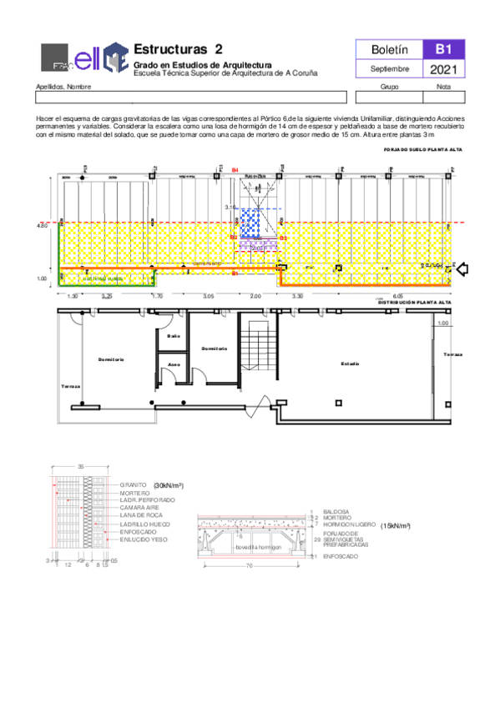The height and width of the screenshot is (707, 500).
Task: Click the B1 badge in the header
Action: (439, 50)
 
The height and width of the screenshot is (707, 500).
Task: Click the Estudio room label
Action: (349, 364)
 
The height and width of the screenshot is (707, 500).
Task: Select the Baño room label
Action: (174, 336)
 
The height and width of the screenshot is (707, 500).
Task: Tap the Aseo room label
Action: (174, 364)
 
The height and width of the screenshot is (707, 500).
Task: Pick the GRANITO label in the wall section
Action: (134, 484)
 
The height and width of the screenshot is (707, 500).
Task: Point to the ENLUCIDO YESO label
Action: (144, 539)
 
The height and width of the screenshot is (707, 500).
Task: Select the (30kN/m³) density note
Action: (169, 484)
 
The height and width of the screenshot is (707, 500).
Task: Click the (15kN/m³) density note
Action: (399, 526)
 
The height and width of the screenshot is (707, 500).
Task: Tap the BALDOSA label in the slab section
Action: (336, 511)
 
